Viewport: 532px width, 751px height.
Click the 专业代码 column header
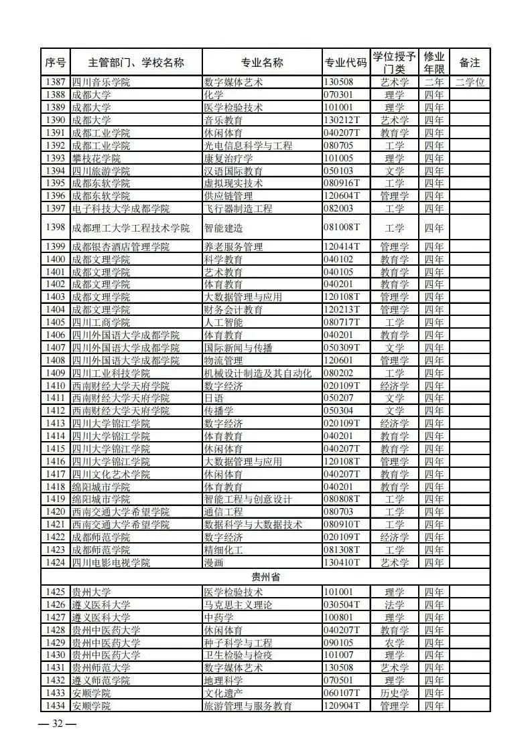(345, 63)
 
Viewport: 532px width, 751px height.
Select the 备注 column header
(470, 63)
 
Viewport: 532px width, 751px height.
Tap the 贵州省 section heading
(265, 578)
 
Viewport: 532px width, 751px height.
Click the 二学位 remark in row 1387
(470, 82)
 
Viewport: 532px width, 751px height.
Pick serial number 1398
(56, 228)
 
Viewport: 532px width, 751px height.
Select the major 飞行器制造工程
(238, 209)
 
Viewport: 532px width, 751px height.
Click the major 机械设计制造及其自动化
(257, 373)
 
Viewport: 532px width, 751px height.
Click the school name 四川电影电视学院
(111, 563)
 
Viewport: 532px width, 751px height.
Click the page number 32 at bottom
(58, 724)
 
